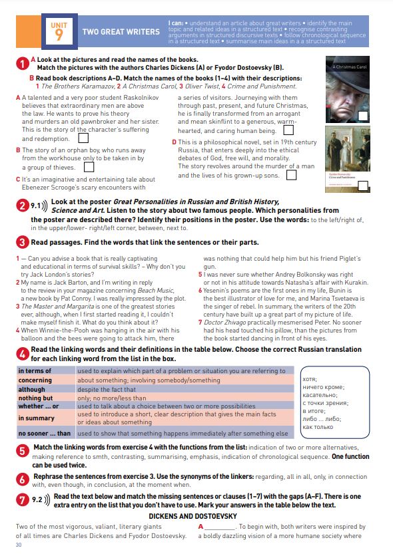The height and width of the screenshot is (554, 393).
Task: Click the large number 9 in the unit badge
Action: (59, 35)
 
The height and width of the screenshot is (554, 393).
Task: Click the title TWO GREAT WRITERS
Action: (121, 32)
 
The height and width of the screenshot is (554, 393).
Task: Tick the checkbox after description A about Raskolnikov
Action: (83, 138)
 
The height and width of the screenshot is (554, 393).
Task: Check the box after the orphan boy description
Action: (89, 166)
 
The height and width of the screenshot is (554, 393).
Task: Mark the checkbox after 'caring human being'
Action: (288, 130)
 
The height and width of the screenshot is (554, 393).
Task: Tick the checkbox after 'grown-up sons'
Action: (291, 175)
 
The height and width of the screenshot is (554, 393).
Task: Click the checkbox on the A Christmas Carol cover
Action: (363, 116)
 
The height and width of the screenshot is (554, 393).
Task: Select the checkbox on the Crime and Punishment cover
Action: (363, 186)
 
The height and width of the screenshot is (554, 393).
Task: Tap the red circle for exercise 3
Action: (22, 242)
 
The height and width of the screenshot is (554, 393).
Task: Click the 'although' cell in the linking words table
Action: (32, 389)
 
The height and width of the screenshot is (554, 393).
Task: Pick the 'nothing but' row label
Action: (35, 398)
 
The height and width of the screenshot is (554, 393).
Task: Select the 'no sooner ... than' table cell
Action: (45, 433)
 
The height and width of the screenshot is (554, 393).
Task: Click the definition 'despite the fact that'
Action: (107, 389)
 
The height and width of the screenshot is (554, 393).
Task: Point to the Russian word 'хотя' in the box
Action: (310, 379)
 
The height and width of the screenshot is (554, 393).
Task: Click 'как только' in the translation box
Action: (318, 427)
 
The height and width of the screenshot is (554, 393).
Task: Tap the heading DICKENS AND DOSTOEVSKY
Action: (193, 516)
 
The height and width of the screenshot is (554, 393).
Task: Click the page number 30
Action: (19, 545)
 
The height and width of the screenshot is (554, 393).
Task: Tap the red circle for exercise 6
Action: (22, 480)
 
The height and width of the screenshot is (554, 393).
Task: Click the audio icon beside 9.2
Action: (47, 500)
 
